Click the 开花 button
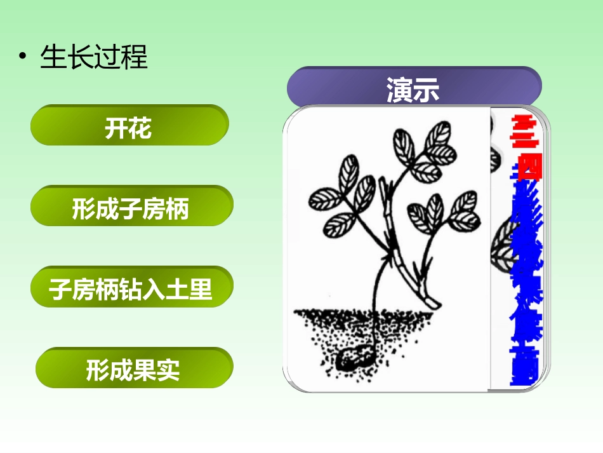pos(129,130)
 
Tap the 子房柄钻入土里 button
pos(131,290)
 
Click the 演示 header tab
pos(413,89)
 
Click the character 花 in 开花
pos(142,130)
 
